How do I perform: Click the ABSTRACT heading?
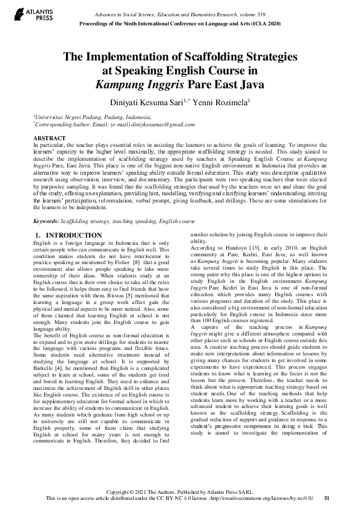click(x=50, y=138)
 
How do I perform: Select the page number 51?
click(x=327, y=498)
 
